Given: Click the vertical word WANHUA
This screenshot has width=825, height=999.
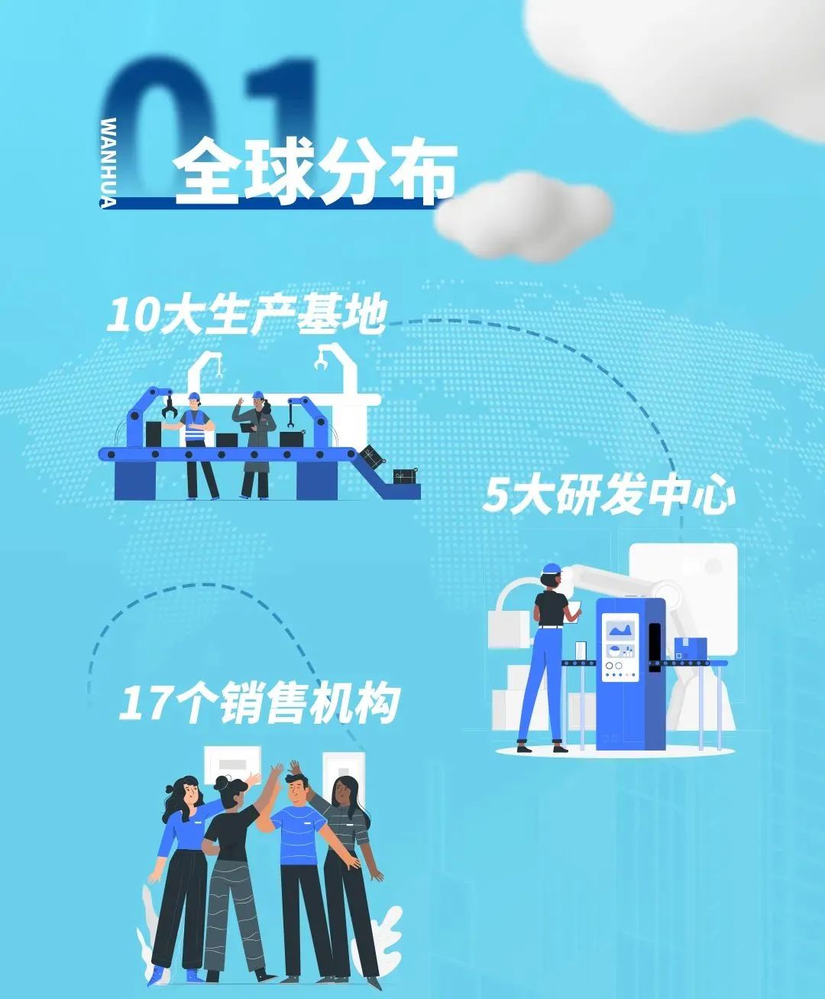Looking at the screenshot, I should (x=108, y=163).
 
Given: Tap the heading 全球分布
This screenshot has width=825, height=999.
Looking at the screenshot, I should (x=315, y=171).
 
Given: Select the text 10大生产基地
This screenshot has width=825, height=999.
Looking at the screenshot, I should (x=247, y=315).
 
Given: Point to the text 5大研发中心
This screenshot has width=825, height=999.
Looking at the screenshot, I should (x=609, y=496).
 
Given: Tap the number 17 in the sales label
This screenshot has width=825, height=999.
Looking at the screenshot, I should (x=143, y=704).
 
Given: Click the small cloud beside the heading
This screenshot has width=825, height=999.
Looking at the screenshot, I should (x=525, y=217).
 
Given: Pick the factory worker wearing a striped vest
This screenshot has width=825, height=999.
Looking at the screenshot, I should (x=196, y=443).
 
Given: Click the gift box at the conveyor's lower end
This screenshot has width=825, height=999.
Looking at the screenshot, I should (x=406, y=476).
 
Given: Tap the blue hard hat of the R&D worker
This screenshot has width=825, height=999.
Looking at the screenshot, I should (x=552, y=568).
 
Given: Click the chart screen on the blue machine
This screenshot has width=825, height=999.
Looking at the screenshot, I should (x=620, y=631).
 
